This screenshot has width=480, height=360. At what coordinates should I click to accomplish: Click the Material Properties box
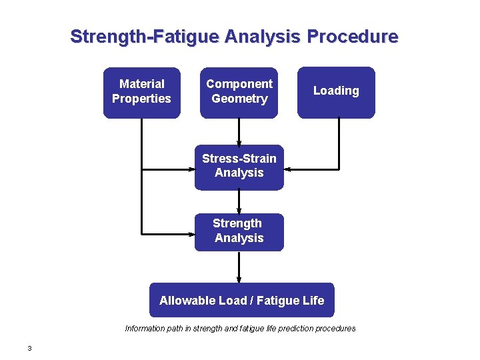point(141,93)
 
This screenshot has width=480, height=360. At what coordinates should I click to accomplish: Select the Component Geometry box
point(239,93)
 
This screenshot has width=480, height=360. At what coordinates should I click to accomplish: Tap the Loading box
point(336,93)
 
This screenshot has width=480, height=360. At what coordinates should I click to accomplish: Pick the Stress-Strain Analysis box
point(239,167)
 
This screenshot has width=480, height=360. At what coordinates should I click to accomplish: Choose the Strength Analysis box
point(239,231)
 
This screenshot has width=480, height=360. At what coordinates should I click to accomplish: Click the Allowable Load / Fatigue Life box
point(241,300)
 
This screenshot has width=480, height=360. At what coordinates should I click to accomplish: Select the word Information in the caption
point(144,328)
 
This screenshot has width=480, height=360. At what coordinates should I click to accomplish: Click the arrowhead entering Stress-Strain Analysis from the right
point(287,169)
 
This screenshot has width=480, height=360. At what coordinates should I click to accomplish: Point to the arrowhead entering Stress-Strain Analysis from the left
point(191,169)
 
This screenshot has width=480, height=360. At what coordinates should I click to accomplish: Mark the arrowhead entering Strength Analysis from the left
point(191,233)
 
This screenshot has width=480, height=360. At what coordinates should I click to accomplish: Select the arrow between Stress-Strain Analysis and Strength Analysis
point(239,201)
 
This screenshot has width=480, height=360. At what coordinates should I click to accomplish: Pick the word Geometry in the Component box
point(239,99)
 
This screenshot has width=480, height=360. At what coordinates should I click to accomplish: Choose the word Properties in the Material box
point(141,99)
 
